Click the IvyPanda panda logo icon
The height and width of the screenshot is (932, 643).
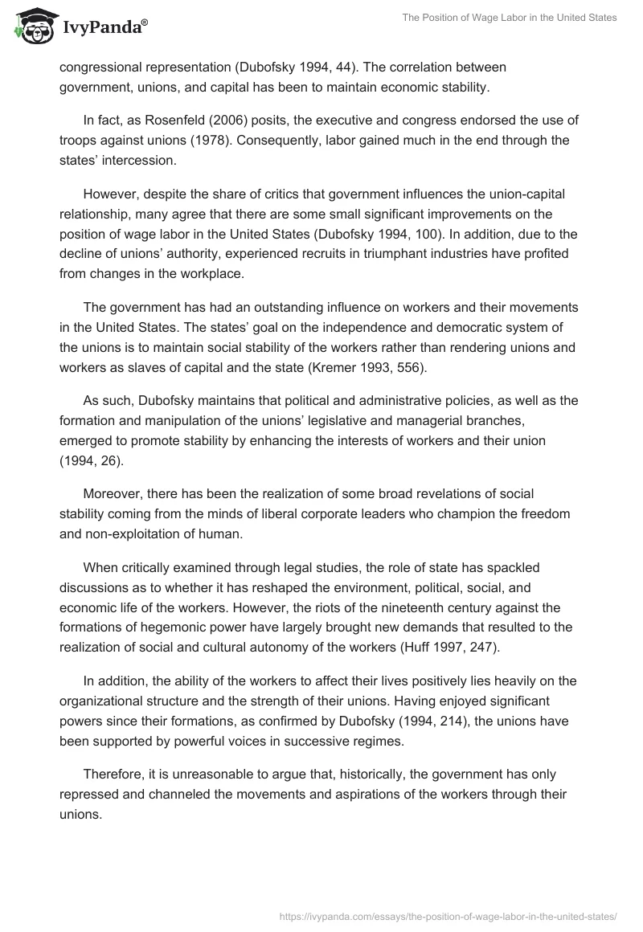pos(33,26)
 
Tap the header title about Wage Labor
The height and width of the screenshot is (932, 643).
pos(510,18)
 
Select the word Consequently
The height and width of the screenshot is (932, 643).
pos(278,141)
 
